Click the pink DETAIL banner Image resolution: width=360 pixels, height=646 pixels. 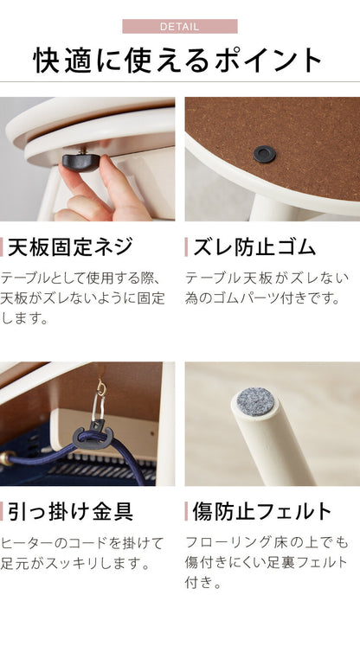(x=179, y=26)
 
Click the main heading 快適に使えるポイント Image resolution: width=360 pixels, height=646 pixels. (x=179, y=61)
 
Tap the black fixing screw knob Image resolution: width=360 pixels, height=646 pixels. (x=79, y=160)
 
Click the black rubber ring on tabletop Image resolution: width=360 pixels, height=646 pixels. (x=264, y=154)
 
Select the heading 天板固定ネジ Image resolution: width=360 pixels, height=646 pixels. (x=71, y=247)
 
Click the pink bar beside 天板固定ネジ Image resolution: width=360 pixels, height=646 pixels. (x=3, y=247)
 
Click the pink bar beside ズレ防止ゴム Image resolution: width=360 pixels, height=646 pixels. (x=187, y=247)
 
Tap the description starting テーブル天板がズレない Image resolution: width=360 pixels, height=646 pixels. (x=267, y=288)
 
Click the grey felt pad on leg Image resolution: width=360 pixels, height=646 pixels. (x=256, y=400)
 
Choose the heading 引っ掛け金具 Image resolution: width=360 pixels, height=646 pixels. (x=71, y=511)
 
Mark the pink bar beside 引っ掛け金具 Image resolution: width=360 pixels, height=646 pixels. (x=3, y=511)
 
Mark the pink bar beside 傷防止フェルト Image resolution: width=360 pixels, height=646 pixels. (x=187, y=511)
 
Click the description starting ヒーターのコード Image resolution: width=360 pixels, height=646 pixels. (x=82, y=553)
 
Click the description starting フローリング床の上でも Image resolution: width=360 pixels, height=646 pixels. (x=267, y=562)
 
